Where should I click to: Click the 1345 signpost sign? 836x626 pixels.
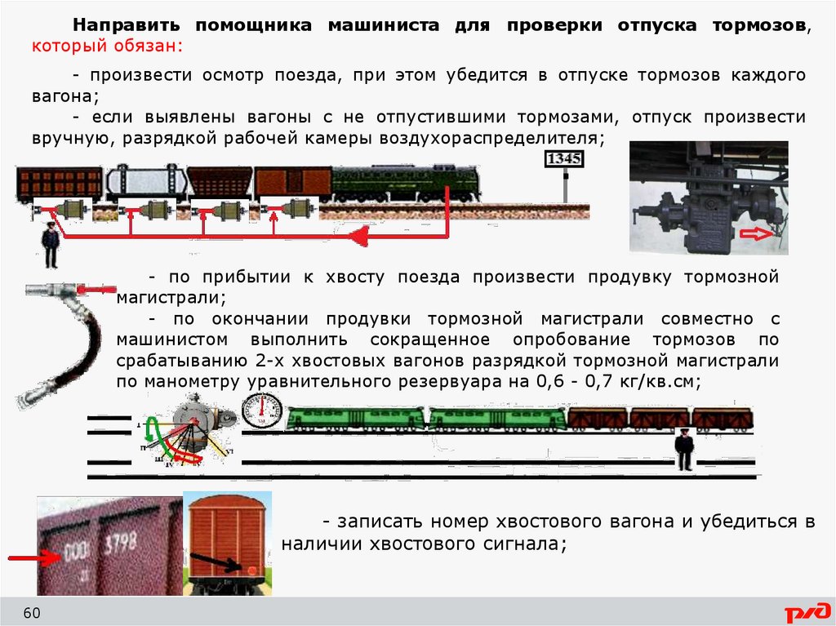pyautogui.click(x=564, y=159)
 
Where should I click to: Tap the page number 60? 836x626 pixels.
pyautogui.click(x=32, y=613)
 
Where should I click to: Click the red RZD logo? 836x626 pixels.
pyautogui.click(x=807, y=613)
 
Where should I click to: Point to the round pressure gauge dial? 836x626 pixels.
pyautogui.click(x=262, y=411)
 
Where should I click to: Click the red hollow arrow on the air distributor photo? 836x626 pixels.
pyautogui.click(x=755, y=233)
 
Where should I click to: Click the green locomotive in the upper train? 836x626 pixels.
pyautogui.click(x=406, y=184)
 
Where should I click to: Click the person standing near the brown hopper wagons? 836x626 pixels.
pyautogui.click(x=684, y=450)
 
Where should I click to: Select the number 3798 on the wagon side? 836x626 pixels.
pyautogui.click(x=121, y=544)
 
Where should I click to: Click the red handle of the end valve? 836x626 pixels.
pyautogui.click(x=96, y=290)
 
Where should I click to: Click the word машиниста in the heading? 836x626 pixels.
pyautogui.click(x=384, y=25)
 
